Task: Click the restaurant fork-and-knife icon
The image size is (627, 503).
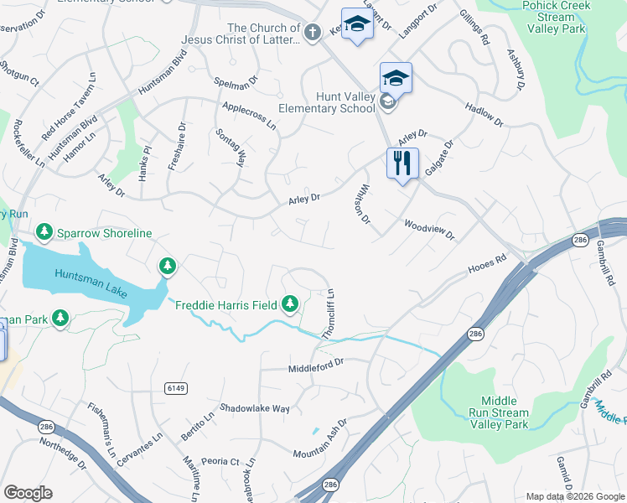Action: coord(402,162)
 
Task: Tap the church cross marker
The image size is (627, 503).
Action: coord(312,33)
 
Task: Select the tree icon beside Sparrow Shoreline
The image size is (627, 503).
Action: coord(44,231)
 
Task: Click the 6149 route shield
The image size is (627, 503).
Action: coord(175,388)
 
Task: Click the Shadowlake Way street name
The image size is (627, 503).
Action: coord(255,408)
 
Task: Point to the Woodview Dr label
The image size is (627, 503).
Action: coord(428,230)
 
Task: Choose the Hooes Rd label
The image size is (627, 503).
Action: coord(487,266)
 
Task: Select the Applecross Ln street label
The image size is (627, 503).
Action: coord(249,116)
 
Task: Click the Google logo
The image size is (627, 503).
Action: coord(28,493)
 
